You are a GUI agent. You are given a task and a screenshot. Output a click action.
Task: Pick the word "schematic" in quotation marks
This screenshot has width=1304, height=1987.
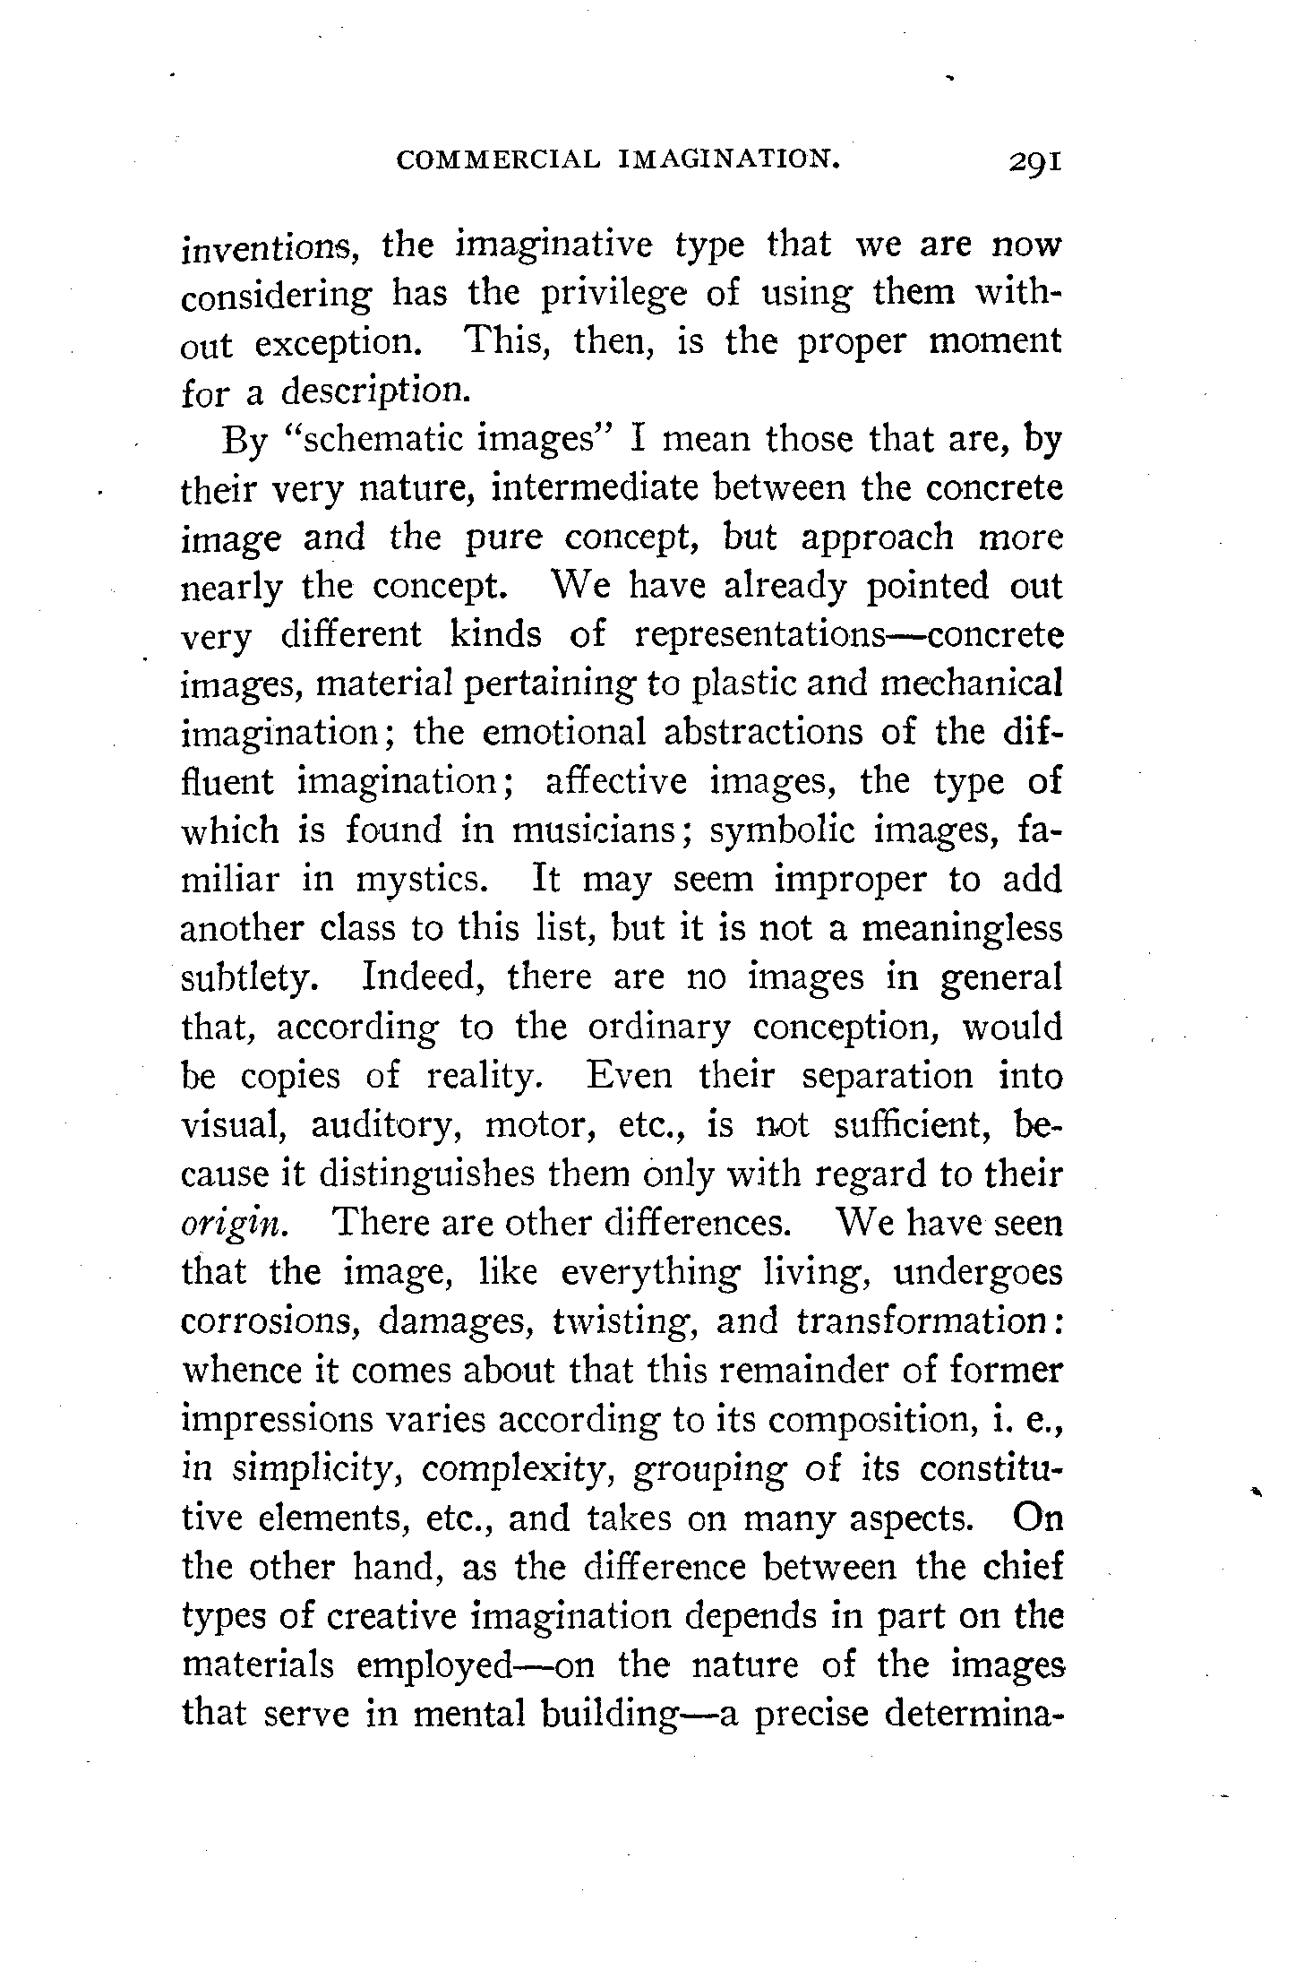(381, 442)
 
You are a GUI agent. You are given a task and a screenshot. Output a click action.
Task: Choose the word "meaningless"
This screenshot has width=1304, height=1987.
(961, 928)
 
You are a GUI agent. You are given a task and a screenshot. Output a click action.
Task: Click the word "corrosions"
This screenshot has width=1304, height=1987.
(270, 1322)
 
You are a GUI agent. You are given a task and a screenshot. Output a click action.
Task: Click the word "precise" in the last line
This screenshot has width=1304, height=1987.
(810, 1714)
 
